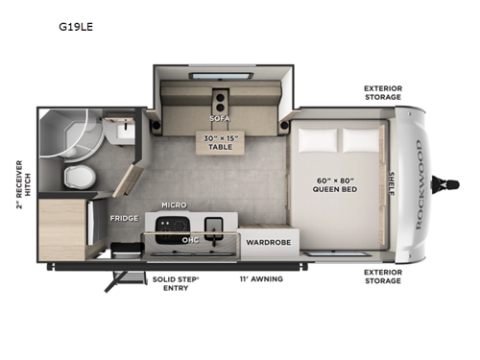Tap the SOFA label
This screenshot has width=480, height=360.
coord(220,119)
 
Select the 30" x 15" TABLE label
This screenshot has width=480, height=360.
coord(220,141)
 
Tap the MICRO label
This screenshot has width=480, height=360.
coord(174,205)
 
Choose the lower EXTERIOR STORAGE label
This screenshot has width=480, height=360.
coord(383,276)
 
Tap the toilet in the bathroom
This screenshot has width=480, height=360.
coord(77,176)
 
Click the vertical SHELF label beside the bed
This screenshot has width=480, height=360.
coord(391,181)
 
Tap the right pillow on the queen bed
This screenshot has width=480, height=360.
coord(361,141)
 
